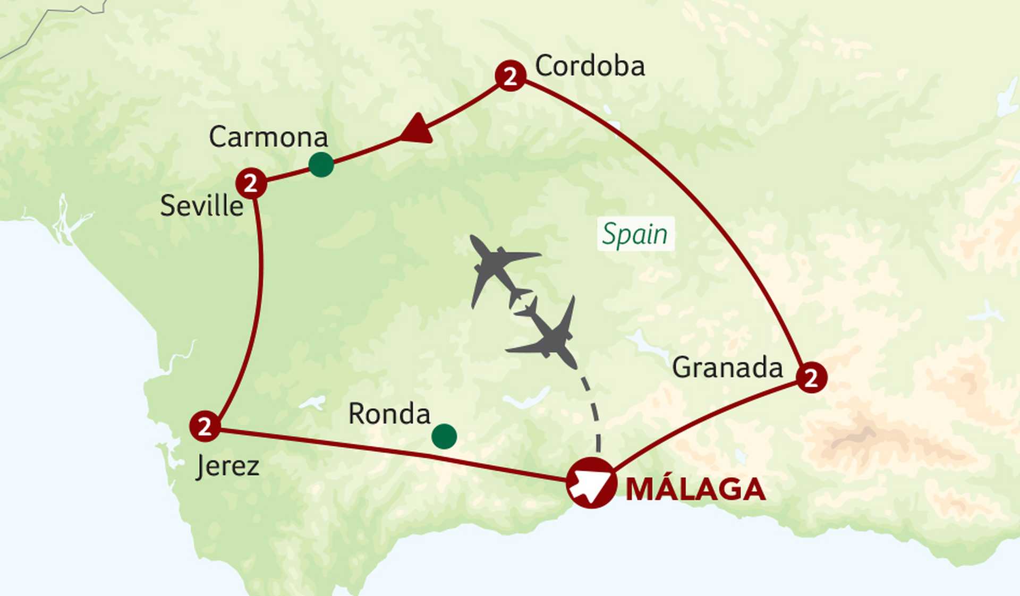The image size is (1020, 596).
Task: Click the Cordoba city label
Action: (x=590, y=66)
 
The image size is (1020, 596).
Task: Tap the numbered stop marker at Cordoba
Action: (x=511, y=76)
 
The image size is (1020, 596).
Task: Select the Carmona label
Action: (x=268, y=137)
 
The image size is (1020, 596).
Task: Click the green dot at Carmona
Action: (x=321, y=164)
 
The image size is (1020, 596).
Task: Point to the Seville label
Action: (x=202, y=206)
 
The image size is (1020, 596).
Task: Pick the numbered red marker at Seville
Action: (x=251, y=184)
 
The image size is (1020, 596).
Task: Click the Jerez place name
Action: (x=227, y=466)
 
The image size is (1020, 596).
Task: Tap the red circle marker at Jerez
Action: (x=205, y=426)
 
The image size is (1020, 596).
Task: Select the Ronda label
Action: (x=389, y=414)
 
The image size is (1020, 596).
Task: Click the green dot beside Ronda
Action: (x=444, y=437)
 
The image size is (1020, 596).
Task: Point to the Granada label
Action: (x=727, y=368)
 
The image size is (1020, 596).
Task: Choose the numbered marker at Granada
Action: (x=811, y=378)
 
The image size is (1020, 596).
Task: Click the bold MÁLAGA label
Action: (x=695, y=490)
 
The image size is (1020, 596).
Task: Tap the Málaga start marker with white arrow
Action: (x=591, y=482)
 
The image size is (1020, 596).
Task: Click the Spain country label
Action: (x=635, y=234)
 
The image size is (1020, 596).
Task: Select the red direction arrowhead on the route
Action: (x=418, y=130)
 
